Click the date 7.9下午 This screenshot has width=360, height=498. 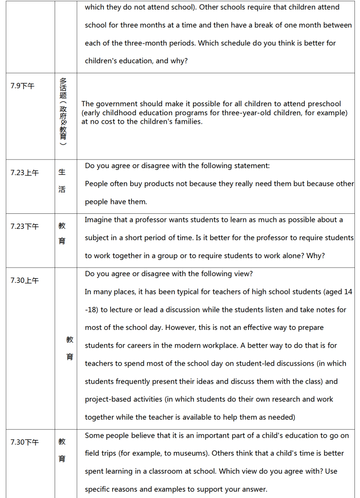23,86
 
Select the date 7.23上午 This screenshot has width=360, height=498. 24,173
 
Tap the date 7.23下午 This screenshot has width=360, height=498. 24,227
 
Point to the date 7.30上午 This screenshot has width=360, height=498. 24,280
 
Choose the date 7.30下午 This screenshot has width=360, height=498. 24,442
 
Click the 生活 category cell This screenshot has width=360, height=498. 62,181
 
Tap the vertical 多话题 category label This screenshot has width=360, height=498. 63,112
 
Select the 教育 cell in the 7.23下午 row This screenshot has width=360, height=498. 62,233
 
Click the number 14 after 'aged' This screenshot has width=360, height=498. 348,292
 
